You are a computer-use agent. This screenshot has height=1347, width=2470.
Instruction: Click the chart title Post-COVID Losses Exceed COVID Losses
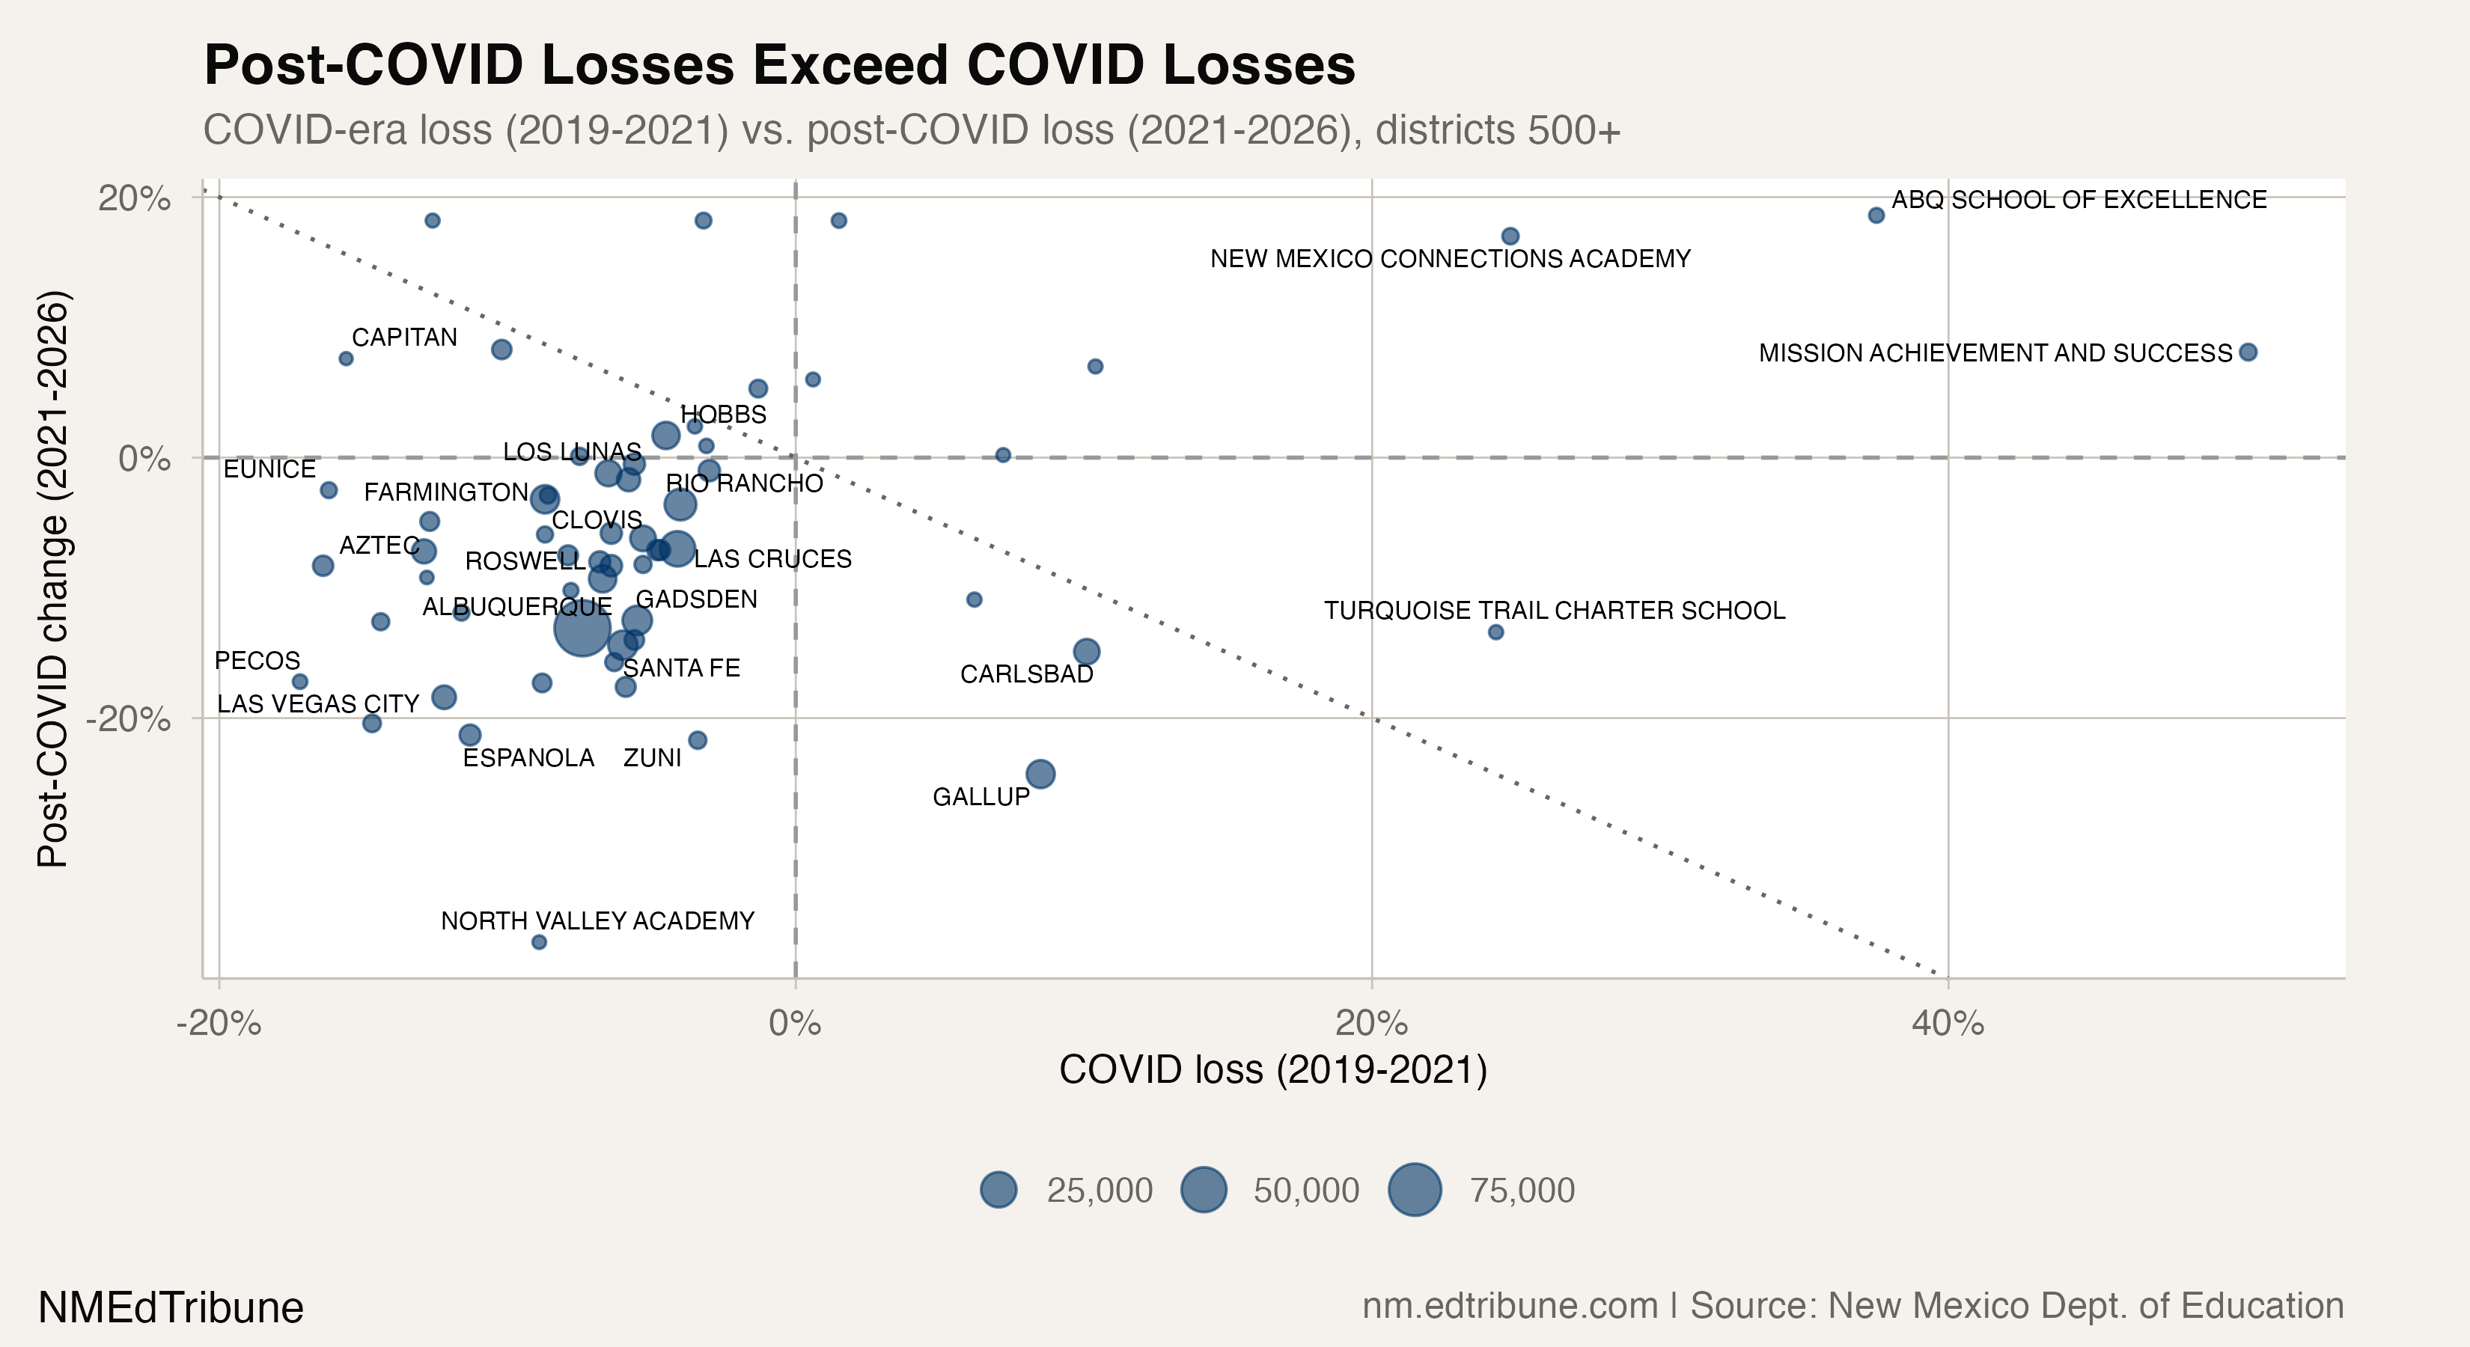pyautogui.click(x=778, y=65)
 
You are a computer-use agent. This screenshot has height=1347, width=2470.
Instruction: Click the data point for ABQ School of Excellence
pyautogui.click(x=1876, y=216)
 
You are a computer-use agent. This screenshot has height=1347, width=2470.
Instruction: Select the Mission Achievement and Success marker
pyautogui.click(x=2248, y=352)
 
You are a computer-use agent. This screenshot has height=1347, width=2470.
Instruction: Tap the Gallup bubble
pyautogui.click(x=1040, y=774)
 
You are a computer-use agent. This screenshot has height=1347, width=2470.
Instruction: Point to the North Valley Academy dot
pyautogui.click(x=539, y=942)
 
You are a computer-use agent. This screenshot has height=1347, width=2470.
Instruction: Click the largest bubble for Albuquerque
pyautogui.click(x=581, y=629)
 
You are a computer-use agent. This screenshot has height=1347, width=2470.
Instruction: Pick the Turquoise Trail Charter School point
pyautogui.click(x=1495, y=632)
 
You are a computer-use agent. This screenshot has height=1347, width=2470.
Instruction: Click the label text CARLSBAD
pyautogui.click(x=1026, y=674)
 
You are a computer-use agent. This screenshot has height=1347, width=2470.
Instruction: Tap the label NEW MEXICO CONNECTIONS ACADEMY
pyautogui.click(x=1450, y=259)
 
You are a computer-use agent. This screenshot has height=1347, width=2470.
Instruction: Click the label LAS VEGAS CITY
pyautogui.click(x=317, y=703)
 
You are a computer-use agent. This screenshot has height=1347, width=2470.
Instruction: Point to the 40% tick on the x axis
pyautogui.click(x=1948, y=1024)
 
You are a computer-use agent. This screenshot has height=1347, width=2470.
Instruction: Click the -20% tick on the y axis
pyautogui.click(x=127, y=718)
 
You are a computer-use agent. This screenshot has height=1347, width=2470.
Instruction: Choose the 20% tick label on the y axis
pyautogui.click(x=134, y=198)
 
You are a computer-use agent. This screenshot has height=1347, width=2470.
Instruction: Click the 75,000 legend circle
pyautogui.click(x=1415, y=1190)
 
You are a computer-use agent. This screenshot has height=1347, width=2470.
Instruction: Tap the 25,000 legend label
pyautogui.click(x=1099, y=1190)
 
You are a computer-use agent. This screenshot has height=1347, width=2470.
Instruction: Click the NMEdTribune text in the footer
pyautogui.click(x=171, y=1307)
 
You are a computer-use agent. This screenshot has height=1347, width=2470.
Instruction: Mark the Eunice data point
pyautogui.click(x=329, y=490)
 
